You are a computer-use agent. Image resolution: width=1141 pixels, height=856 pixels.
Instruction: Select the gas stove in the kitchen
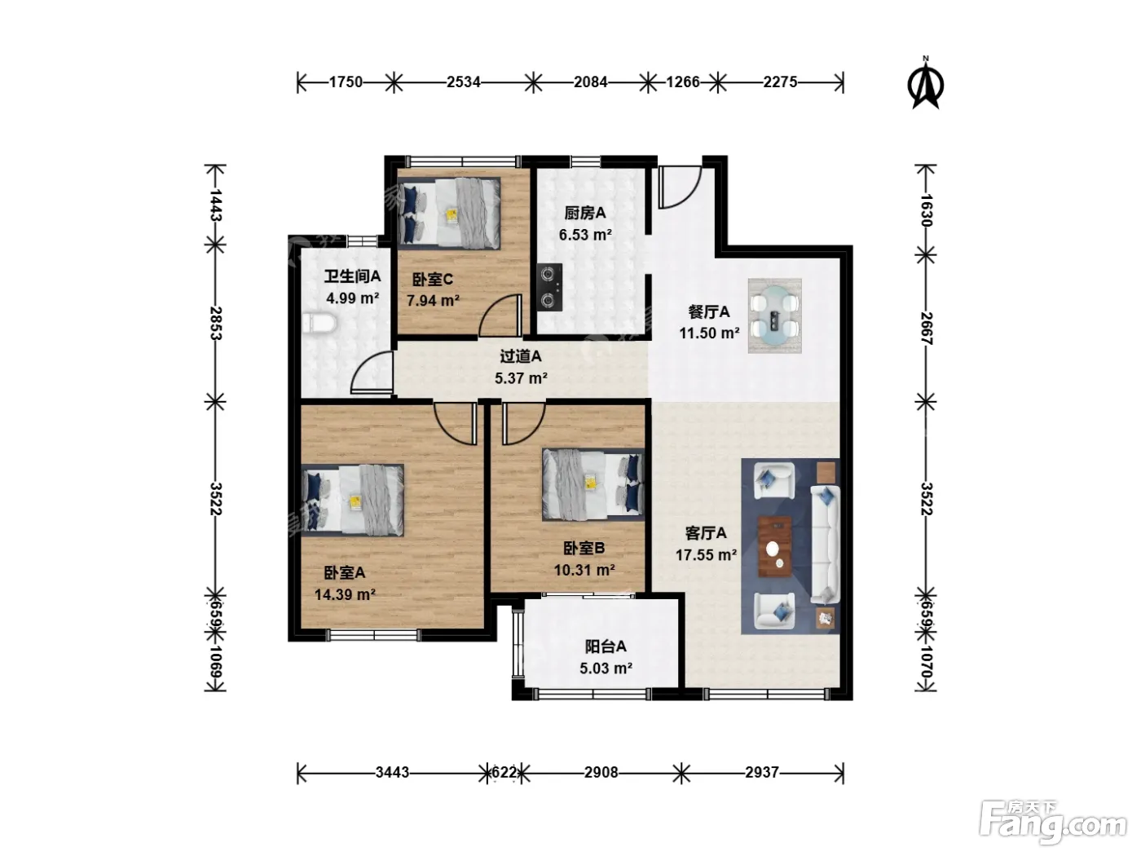point(549,287)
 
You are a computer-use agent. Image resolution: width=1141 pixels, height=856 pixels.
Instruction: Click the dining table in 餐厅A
point(774,315)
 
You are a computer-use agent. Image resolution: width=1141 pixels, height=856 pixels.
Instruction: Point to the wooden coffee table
point(774,546)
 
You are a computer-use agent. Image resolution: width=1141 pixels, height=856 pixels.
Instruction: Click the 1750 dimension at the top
point(346,82)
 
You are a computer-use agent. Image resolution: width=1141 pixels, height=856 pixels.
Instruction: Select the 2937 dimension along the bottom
point(761,772)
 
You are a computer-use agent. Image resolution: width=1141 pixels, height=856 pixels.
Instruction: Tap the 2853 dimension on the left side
point(216,323)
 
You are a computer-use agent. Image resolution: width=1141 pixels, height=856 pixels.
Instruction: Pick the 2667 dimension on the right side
point(927,329)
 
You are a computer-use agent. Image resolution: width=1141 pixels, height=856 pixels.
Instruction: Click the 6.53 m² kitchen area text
point(585,235)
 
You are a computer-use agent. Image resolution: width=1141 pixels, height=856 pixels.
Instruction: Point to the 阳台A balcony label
point(606,646)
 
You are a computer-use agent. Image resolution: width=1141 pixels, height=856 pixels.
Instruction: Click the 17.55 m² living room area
point(706,555)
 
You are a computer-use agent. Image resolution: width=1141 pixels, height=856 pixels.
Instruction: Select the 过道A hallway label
point(520,356)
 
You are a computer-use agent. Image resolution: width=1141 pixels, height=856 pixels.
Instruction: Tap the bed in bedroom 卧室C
point(448,213)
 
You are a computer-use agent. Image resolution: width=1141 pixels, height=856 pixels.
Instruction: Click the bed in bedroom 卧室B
point(593,484)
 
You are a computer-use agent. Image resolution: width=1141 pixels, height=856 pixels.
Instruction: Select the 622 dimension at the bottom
point(504,772)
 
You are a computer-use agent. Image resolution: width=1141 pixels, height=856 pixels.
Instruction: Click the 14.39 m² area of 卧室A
point(346,594)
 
